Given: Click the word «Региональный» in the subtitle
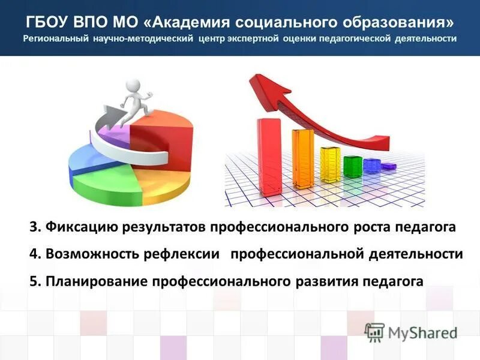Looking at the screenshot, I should tap(56, 39).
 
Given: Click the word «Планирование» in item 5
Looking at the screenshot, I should tap(96, 281).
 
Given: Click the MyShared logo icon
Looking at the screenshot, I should tap(375, 331).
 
